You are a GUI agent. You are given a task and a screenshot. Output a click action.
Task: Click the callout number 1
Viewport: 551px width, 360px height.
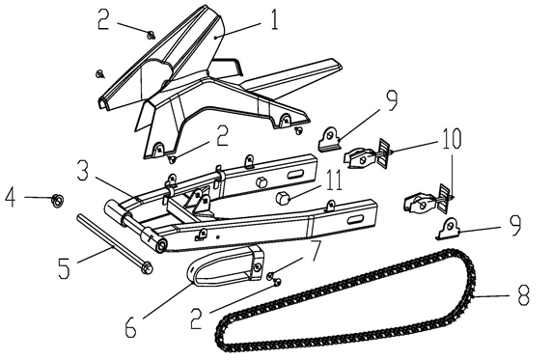tap(274, 18)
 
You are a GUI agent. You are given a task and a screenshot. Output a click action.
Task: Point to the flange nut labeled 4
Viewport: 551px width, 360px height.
tap(56, 200)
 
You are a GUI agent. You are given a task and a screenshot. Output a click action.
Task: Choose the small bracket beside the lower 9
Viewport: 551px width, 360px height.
tap(447, 228)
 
